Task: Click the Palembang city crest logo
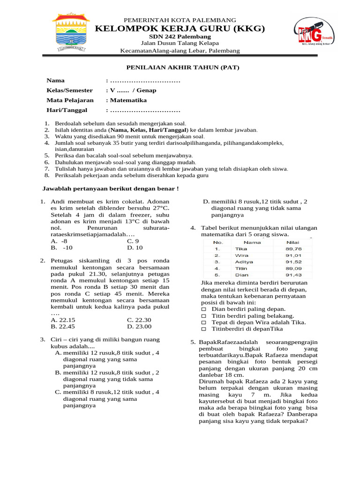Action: pos(71,33)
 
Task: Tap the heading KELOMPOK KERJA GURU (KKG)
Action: pos(180,29)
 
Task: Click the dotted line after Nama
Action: pos(145,81)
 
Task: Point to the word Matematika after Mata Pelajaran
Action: pos(128,100)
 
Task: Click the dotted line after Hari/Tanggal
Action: pos(145,111)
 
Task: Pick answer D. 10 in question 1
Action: pos(135,247)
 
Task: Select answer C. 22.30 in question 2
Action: pos(140,320)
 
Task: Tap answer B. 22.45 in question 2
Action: pos(63,326)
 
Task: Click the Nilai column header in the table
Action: pos(293,242)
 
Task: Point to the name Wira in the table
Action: pos(241,255)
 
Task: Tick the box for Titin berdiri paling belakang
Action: pos(203,316)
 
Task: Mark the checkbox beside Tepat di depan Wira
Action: pos(203,323)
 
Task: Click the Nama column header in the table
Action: pos(252,242)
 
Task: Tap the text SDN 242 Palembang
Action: pos(180,37)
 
